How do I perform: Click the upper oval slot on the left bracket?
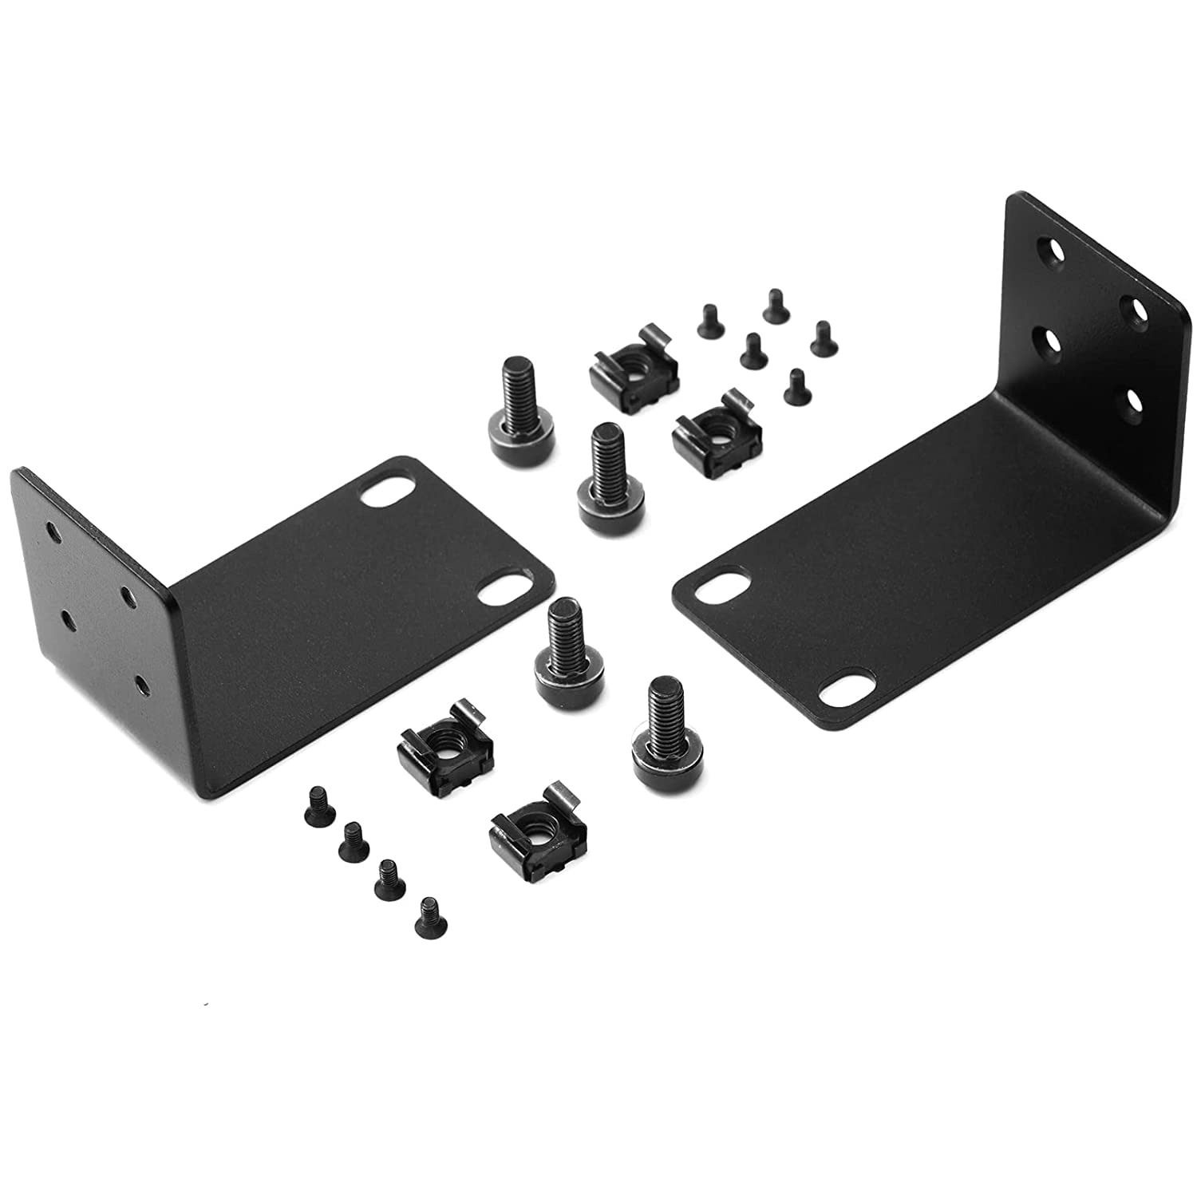383,495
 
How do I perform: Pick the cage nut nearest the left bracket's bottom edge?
444,747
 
